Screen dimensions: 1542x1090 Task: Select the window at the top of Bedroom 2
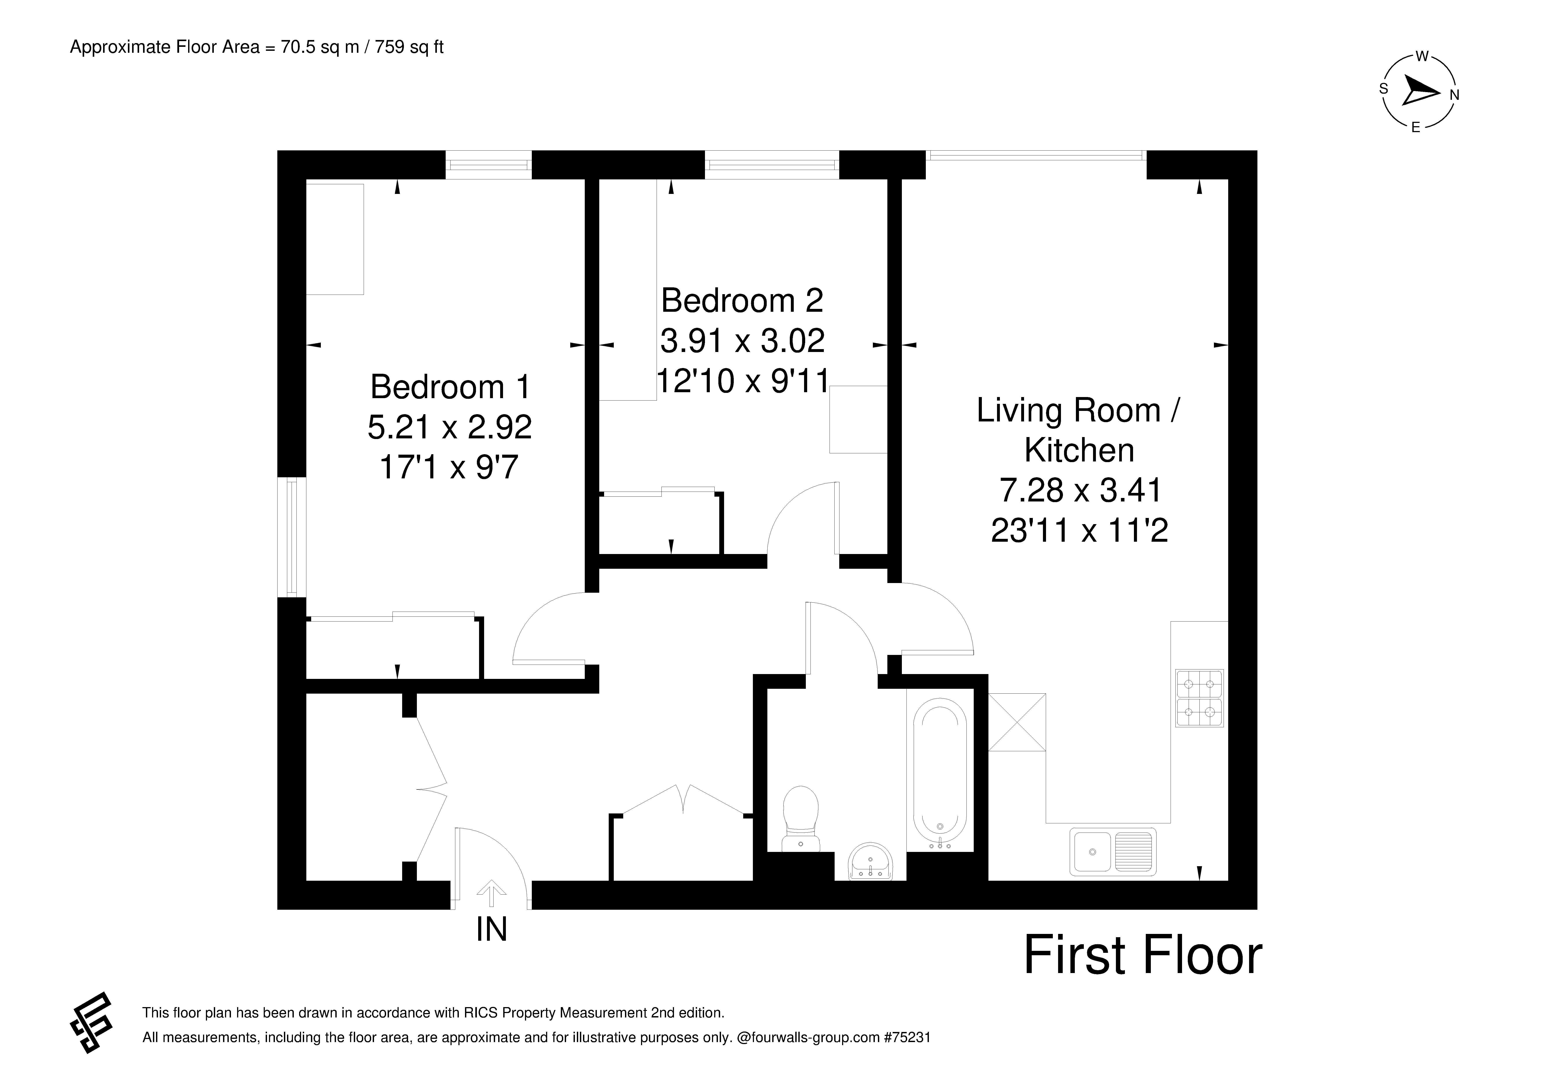[x=772, y=165]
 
